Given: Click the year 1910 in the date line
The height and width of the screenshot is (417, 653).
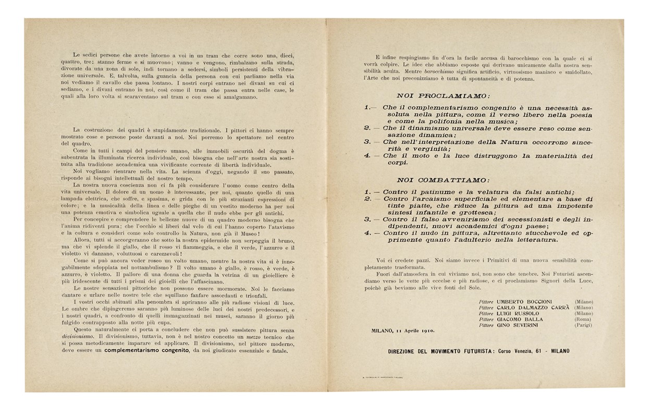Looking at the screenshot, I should [427, 330].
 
